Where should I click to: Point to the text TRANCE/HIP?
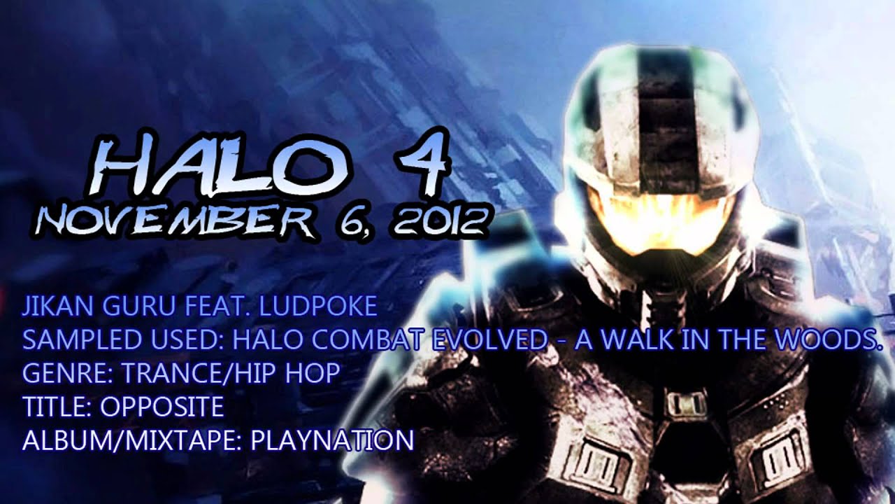pos(196,374)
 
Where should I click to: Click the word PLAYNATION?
pos(332,440)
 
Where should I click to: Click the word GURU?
pos(138,307)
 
